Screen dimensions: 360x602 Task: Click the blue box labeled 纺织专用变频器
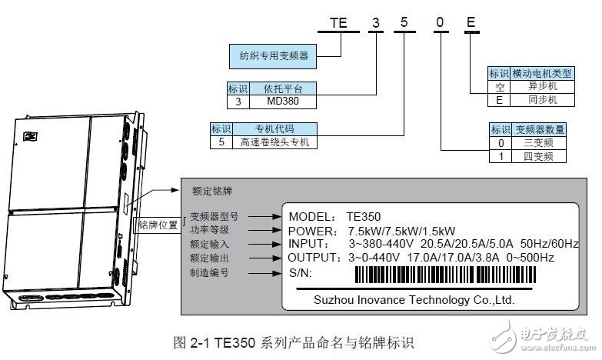tap(274, 55)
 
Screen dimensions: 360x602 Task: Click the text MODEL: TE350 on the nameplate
tap(334, 216)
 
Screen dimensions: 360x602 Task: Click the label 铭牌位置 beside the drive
tap(158, 225)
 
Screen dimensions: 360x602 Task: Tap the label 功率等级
tap(209, 230)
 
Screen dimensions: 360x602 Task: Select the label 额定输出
tap(209, 258)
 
